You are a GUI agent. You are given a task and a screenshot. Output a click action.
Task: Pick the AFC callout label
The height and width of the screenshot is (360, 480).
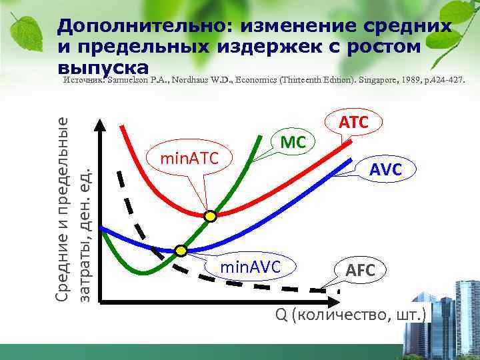click(x=360, y=270)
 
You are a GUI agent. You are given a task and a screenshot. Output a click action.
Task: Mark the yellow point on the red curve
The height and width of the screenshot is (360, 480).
click(x=211, y=216)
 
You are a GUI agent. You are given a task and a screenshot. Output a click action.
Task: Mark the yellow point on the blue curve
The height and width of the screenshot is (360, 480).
click(x=181, y=251)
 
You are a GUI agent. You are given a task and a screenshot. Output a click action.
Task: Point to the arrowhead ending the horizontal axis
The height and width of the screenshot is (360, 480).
click(x=432, y=302)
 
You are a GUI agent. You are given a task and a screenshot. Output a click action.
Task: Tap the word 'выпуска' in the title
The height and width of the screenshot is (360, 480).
click(x=103, y=67)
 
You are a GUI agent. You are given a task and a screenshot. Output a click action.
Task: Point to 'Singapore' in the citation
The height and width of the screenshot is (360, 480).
click(x=377, y=80)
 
